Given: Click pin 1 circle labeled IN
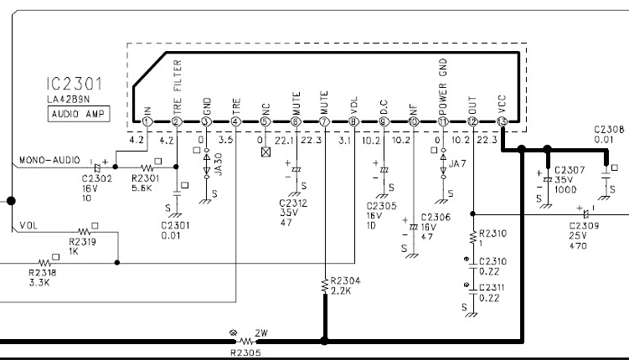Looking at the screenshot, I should tap(147, 122).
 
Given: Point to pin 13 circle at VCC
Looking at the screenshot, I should tap(501, 122).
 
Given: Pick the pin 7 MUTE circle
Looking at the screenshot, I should tap(324, 122).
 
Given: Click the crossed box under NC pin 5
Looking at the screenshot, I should tap(266, 153).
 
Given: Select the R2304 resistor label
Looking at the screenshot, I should tap(347, 280).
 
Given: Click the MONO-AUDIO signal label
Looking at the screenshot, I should tap(47, 160).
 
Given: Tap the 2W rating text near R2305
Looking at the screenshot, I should tap(260, 332).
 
